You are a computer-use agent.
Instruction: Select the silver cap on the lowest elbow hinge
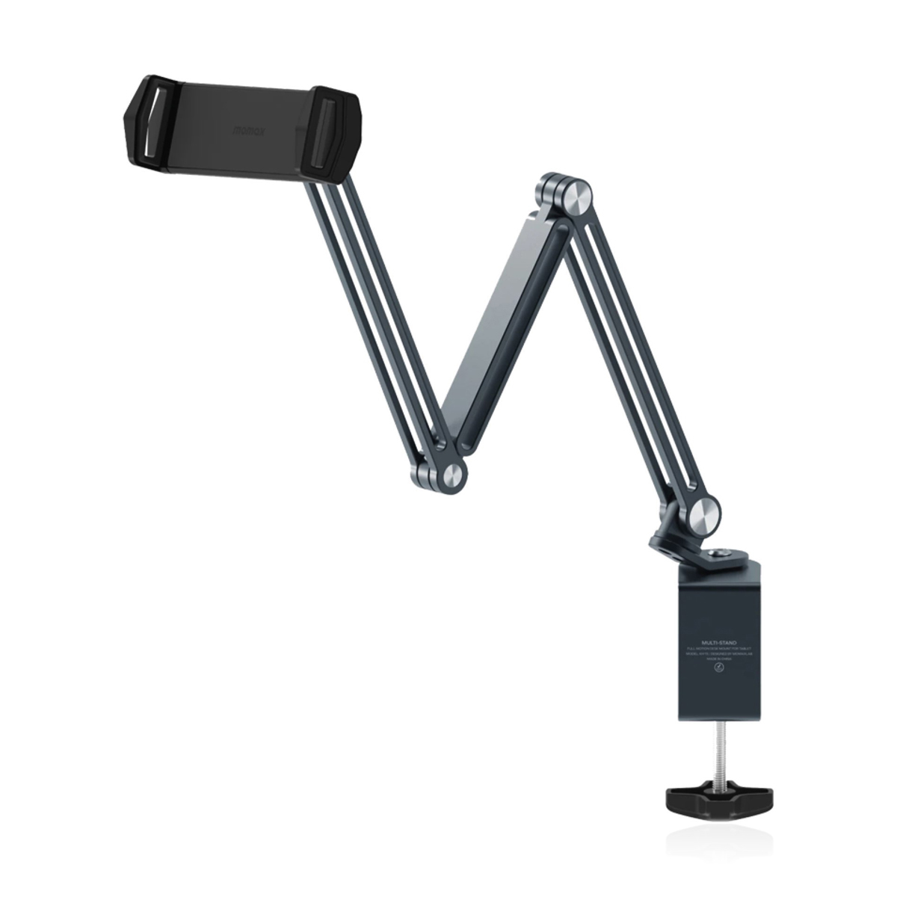tap(452, 475)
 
